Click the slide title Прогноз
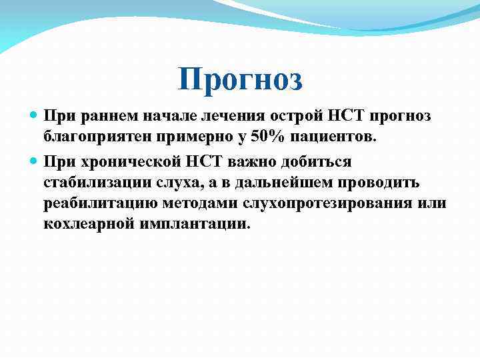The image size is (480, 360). [240, 80]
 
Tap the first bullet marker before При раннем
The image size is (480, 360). [35, 116]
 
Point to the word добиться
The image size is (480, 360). [317, 161]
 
